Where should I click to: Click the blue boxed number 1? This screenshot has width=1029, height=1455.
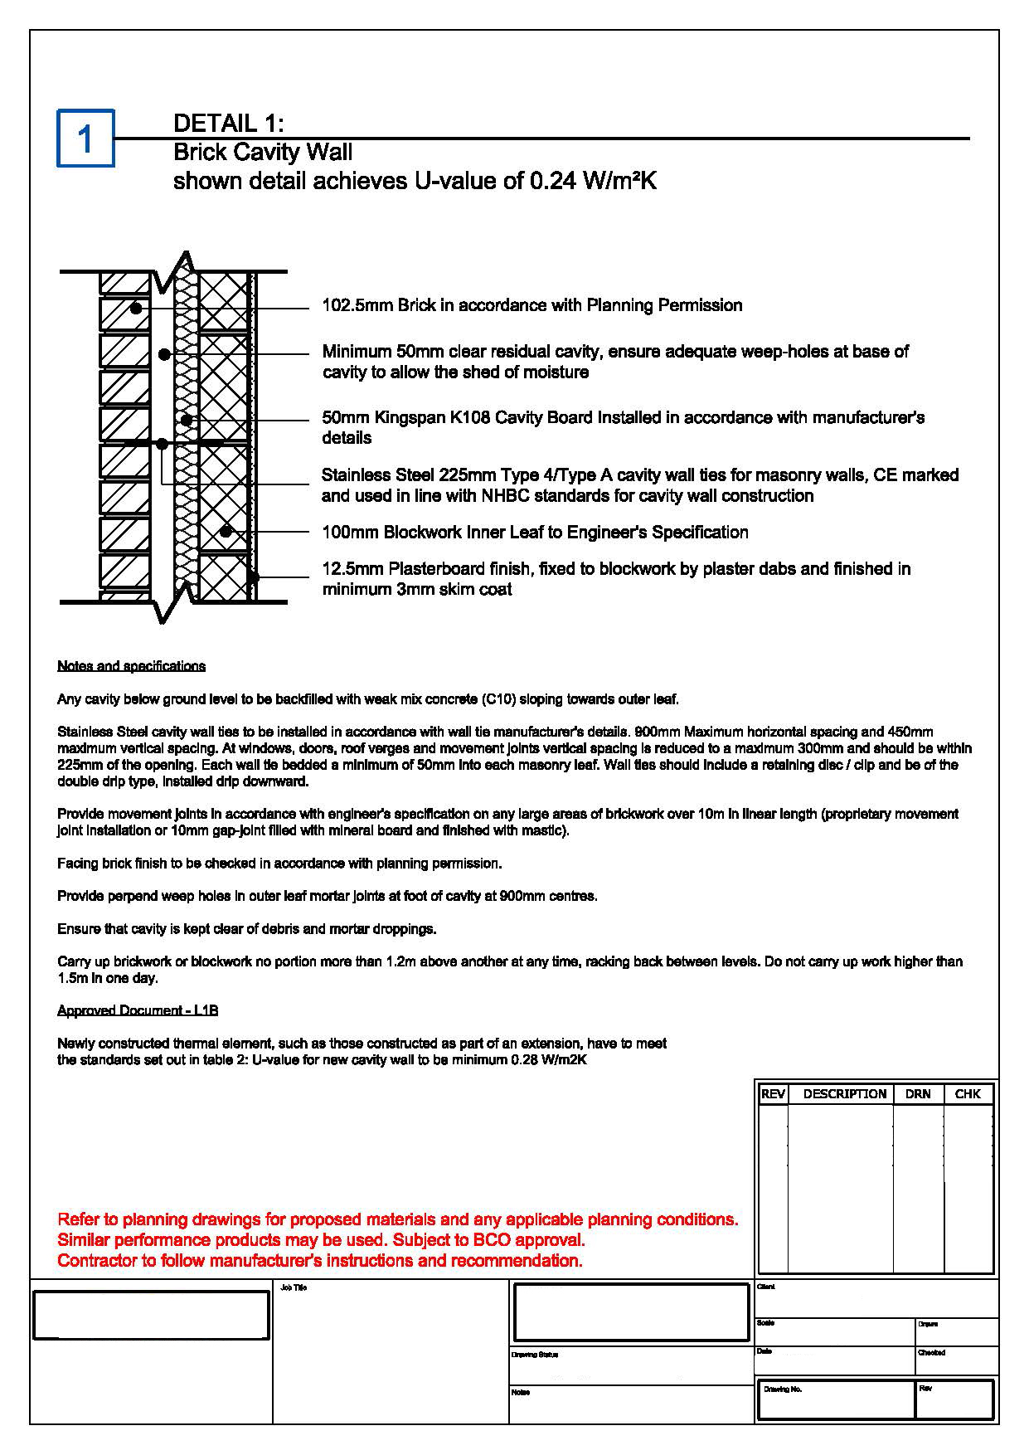point(85,139)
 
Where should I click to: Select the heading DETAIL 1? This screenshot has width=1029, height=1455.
point(228,124)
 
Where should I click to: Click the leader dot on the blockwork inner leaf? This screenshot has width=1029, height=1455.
point(225,532)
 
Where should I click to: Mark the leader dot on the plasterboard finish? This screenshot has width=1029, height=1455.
point(254,577)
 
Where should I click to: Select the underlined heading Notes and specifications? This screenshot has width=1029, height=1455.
point(131,666)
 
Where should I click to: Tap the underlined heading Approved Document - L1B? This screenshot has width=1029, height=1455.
point(138,1010)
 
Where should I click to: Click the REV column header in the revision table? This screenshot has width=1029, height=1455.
point(773,1094)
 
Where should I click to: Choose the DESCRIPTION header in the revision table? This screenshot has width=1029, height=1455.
point(844,1094)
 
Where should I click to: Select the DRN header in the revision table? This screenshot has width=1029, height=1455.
point(918,1094)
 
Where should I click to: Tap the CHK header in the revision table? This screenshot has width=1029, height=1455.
point(968,1094)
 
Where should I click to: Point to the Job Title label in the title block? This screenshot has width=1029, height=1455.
point(294,1287)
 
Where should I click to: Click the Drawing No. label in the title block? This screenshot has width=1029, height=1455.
point(783,1389)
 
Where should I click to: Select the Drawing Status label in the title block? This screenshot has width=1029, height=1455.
point(535,1355)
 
